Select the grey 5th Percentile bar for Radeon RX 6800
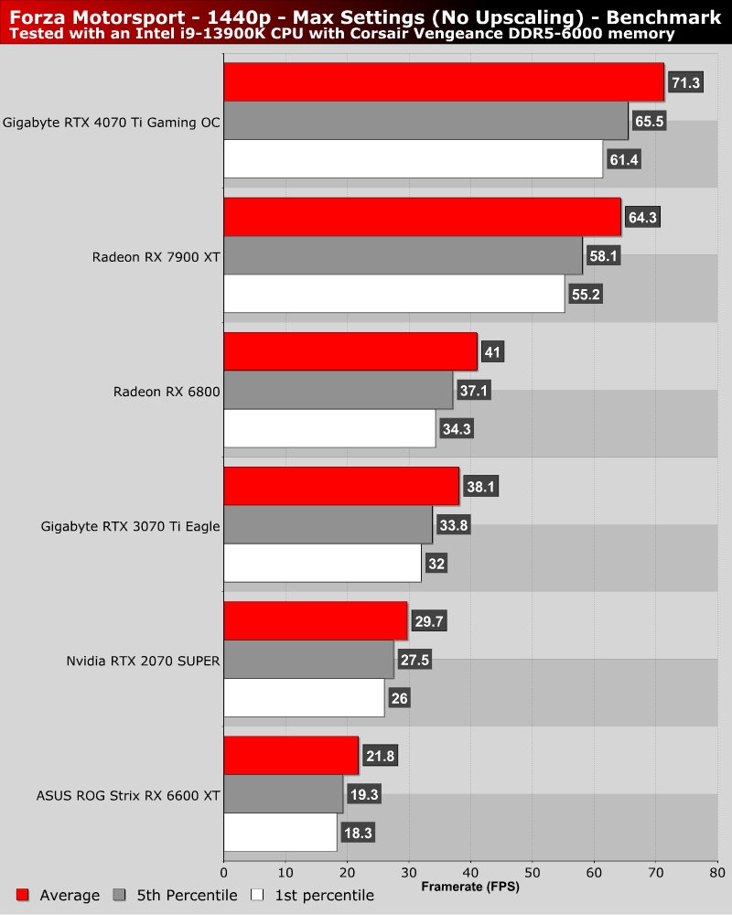click(339, 390)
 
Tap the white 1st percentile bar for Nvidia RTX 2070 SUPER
click(304, 697)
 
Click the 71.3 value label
click(685, 82)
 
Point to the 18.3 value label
click(358, 833)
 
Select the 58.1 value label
click(603, 256)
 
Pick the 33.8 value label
click(452, 525)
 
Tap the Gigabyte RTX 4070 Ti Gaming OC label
click(112, 122)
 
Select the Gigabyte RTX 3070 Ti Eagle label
click(131, 526)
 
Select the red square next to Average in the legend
click(24, 895)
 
